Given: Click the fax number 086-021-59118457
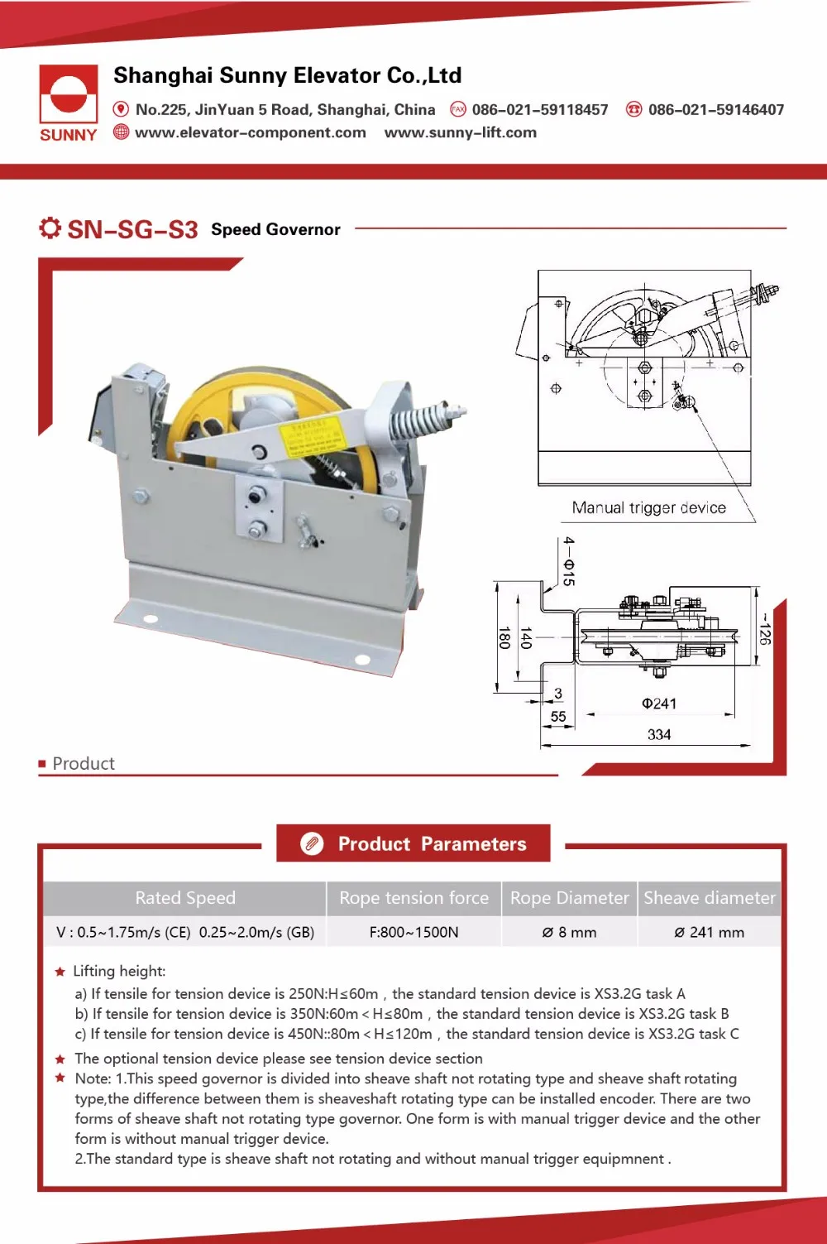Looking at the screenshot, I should (x=539, y=109).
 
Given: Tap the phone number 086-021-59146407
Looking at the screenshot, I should (x=715, y=109).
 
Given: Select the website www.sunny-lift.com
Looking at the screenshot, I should (x=460, y=132).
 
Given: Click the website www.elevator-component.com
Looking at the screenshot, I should (x=250, y=132).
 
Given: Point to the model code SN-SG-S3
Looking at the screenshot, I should (x=132, y=229).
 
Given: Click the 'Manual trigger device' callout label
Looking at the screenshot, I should (x=648, y=508).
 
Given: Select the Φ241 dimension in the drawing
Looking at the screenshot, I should (x=659, y=704).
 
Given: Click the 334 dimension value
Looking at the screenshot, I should (x=659, y=734).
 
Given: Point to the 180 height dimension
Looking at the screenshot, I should (x=504, y=637).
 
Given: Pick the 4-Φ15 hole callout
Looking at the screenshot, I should (x=568, y=561).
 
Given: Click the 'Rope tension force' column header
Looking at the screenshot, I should (x=413, y=898).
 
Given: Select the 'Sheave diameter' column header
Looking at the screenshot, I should (x=709, y=898).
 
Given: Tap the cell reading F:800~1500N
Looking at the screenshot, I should (x=413, y=932).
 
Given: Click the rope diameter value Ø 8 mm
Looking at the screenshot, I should (x=569, y=932).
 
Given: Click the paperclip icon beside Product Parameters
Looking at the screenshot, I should (x=312, y=843).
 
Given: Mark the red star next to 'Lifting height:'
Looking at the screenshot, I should (x=60, y=972).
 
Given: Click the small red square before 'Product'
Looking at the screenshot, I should (x=42, y=764).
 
